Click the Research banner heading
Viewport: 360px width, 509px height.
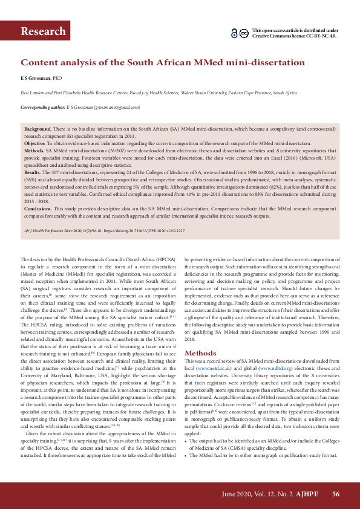(43, 31)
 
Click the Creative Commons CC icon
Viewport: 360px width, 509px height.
(243, 33)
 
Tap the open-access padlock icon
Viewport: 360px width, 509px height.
(234, 33)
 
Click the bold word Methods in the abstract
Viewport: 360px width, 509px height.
(34, 149)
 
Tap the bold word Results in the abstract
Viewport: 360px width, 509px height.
(33, 172)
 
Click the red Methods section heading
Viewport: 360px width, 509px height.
(200, 352)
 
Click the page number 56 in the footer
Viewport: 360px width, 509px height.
(336, 494)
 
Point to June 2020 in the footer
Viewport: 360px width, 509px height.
(234, 494)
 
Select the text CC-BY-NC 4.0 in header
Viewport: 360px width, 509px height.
(319, 36)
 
